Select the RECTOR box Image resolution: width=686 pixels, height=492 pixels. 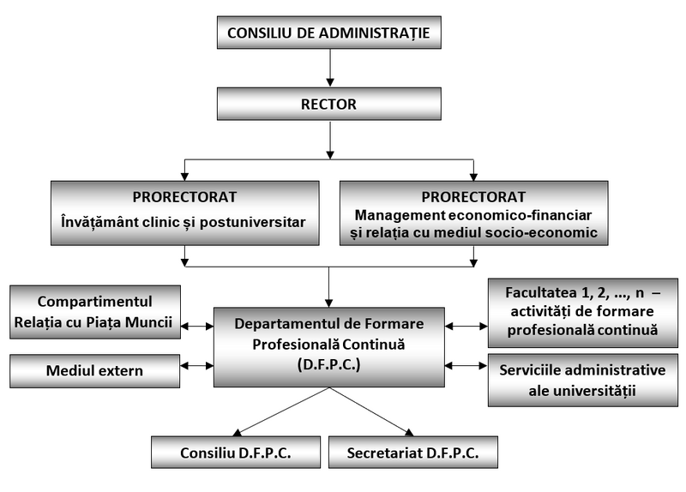point(328,105)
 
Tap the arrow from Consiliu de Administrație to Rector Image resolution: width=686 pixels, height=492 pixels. point(328,69)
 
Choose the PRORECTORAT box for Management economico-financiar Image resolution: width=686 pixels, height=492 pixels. point(473,213)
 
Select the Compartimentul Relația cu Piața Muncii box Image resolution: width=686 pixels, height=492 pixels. point(95,313)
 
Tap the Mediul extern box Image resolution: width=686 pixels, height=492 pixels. point(95,371)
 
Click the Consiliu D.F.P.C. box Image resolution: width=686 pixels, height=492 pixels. point(236,452)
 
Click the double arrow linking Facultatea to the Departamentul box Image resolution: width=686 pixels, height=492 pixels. point(466,326)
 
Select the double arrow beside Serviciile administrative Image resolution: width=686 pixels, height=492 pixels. point(466,365)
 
